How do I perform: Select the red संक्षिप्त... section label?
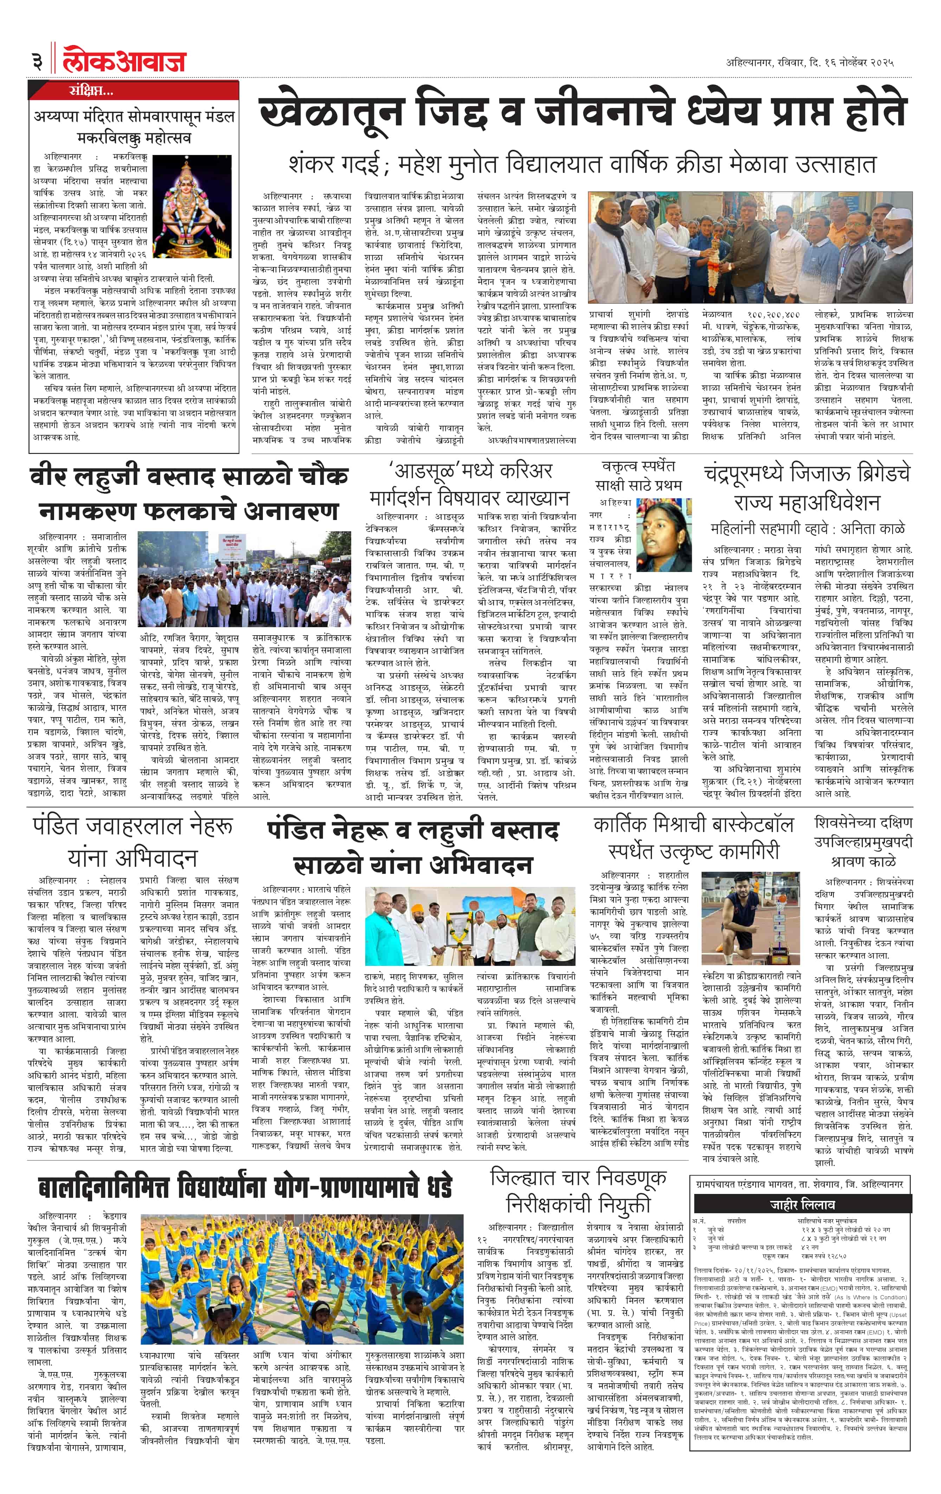[91, 92]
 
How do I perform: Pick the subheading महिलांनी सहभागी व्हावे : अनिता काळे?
[807, 528]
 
